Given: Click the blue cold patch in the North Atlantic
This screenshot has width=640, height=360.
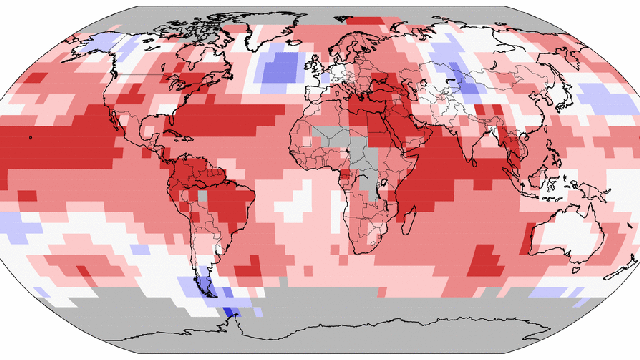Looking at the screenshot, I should [x=279, y=68].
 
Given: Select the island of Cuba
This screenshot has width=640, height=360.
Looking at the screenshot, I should [x=178, y=131].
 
